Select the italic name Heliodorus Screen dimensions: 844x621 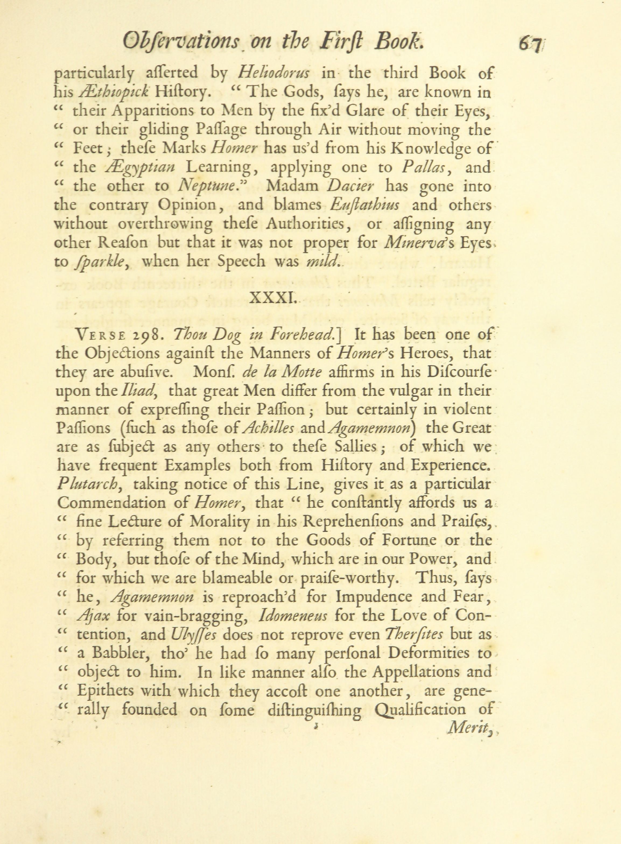coord(274,72)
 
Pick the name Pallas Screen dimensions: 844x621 coord(423,167)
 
